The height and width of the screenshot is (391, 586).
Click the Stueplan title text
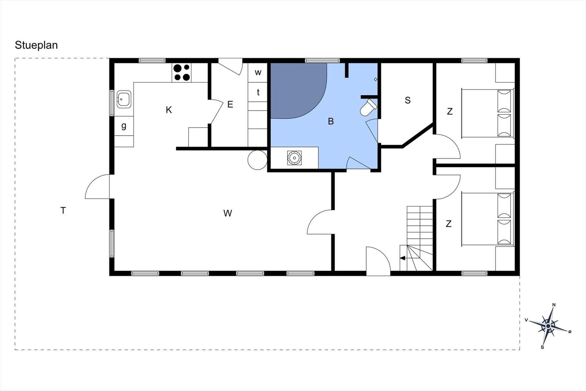[36, 45]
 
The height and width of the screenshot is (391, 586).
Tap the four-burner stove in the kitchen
[182, 73]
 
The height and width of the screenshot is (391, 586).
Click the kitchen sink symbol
[124, 99]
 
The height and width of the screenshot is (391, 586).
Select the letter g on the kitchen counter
[124, 126]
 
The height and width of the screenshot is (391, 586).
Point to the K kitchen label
[169, 110]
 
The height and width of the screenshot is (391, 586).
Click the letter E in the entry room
[230, 104]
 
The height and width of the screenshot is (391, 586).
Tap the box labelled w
[258, 73]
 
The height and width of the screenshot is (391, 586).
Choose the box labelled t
[258, 92]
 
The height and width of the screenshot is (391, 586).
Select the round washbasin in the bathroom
[294, 158]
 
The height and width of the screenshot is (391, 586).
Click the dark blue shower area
[295, 90]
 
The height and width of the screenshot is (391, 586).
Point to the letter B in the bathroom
[331, 121]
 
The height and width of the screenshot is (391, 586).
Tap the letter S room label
[408, 100]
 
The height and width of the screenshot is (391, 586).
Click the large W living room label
[227, 213]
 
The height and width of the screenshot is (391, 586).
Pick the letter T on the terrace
[63, 210]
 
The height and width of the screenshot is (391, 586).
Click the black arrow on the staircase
[403, 258]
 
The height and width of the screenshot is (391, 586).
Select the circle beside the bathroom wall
[257, 160]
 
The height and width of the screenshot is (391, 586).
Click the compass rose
[548, 325]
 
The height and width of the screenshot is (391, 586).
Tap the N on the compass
[554, 305]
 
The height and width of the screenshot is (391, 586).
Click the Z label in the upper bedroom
[450, 111]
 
